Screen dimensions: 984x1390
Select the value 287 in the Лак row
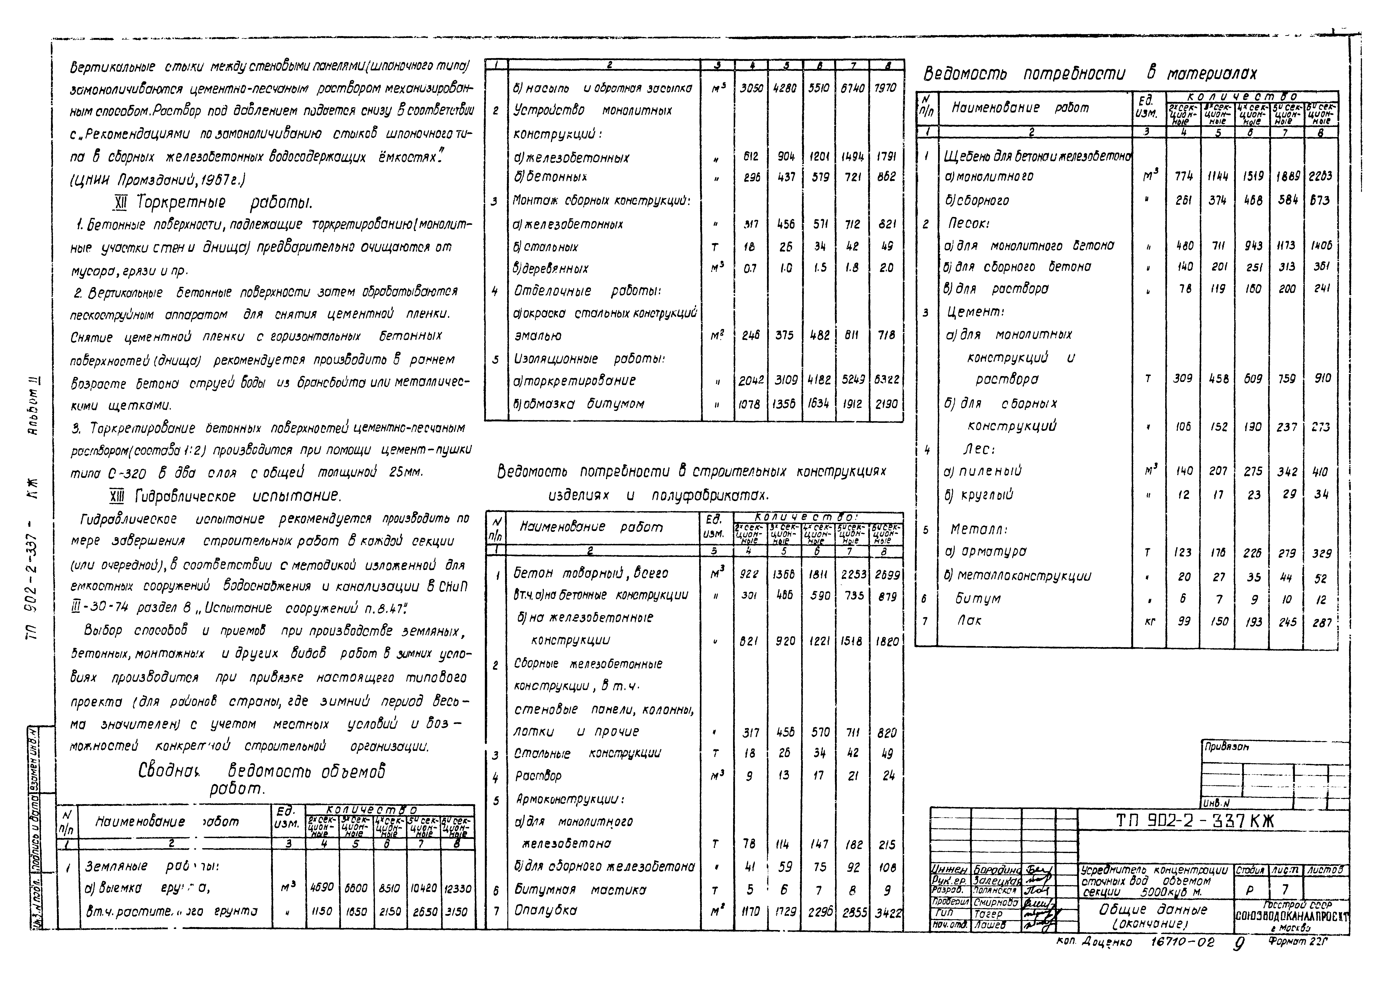coord(1321,622)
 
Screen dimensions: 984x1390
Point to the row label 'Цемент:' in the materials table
coord(975,312)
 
